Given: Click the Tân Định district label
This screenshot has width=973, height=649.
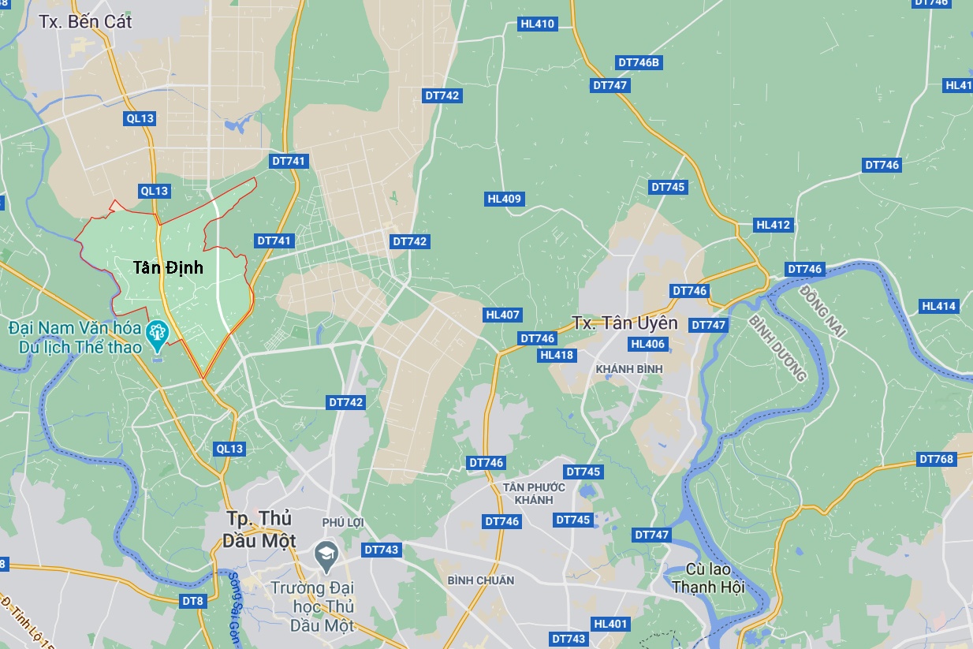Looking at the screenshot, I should coord(168,268).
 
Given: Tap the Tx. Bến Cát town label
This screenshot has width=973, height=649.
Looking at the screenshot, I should coord(85,21).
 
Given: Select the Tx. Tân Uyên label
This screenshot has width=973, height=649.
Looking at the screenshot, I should coord(624,323).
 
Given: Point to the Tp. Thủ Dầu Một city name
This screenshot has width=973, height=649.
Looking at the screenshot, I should coord(260,529).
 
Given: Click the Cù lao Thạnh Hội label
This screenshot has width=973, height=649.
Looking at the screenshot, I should coord(708,578).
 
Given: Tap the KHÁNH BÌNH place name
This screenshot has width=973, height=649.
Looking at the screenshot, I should coord(629,369).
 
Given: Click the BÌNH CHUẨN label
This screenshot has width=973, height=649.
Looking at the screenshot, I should coord(480,580).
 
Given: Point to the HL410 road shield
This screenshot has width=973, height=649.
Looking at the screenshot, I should coord(538,24).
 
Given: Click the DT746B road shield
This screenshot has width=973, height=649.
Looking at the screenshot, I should coord(639,62).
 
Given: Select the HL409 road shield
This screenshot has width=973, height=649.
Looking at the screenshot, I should coord(505,199).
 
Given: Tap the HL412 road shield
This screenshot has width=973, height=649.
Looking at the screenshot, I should coord(773,225).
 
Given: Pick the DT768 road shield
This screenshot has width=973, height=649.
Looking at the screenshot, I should coord(936,459).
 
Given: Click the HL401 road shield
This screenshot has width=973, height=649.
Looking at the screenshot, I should coord(610,624).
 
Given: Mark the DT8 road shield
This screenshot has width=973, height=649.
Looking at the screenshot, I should coord(192,601).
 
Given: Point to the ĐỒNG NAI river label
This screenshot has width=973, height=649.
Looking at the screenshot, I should coord(822,313).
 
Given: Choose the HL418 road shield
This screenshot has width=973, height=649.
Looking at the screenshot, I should coord(557,355).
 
